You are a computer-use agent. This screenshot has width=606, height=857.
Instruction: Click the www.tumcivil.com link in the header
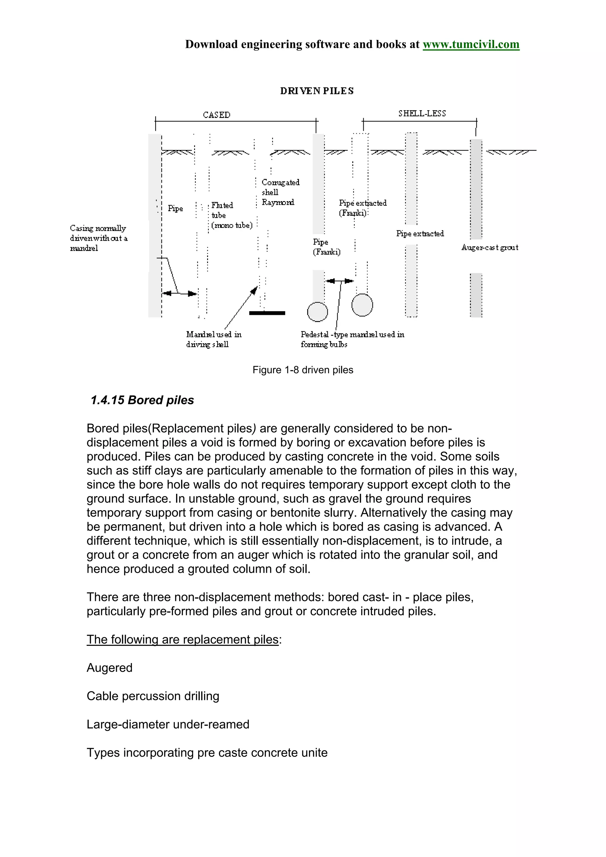[x=470, y=44]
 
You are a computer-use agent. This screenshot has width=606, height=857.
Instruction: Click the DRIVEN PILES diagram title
[x=317, y=91]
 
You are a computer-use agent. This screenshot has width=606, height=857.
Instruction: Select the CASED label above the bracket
[x=217, y=114]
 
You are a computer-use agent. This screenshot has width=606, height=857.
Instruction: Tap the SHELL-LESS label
[x=422, y=114]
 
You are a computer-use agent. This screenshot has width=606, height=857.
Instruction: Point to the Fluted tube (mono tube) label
[x=231, y=215]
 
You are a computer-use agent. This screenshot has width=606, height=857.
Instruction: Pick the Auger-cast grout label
[x=489, y=248]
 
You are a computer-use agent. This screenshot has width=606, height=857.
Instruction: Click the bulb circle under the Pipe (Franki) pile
[x=317, y=312]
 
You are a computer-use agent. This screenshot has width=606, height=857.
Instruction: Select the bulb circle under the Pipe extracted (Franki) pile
[x=362, y=305]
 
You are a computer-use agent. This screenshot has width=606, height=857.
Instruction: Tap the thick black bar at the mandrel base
[x=267, y=313]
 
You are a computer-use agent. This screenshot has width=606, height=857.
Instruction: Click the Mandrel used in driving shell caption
[x=214, y=339]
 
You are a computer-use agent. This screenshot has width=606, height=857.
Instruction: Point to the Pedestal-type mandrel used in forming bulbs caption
[x=352, y=339]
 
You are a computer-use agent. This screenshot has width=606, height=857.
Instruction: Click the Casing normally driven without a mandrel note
[x=99, y=238]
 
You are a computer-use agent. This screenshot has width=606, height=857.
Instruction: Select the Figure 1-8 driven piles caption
[x=302, y=370]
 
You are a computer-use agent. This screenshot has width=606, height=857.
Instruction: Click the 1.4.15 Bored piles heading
[x=142, y=400]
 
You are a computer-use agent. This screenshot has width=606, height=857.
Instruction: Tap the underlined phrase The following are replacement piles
[x=183, y=639]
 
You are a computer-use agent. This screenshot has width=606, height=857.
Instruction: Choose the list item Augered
[x=109, y=668]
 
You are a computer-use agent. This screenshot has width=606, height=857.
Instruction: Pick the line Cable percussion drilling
[x=153, y=696]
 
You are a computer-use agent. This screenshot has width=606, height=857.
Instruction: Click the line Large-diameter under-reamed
[x=168, y=724]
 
